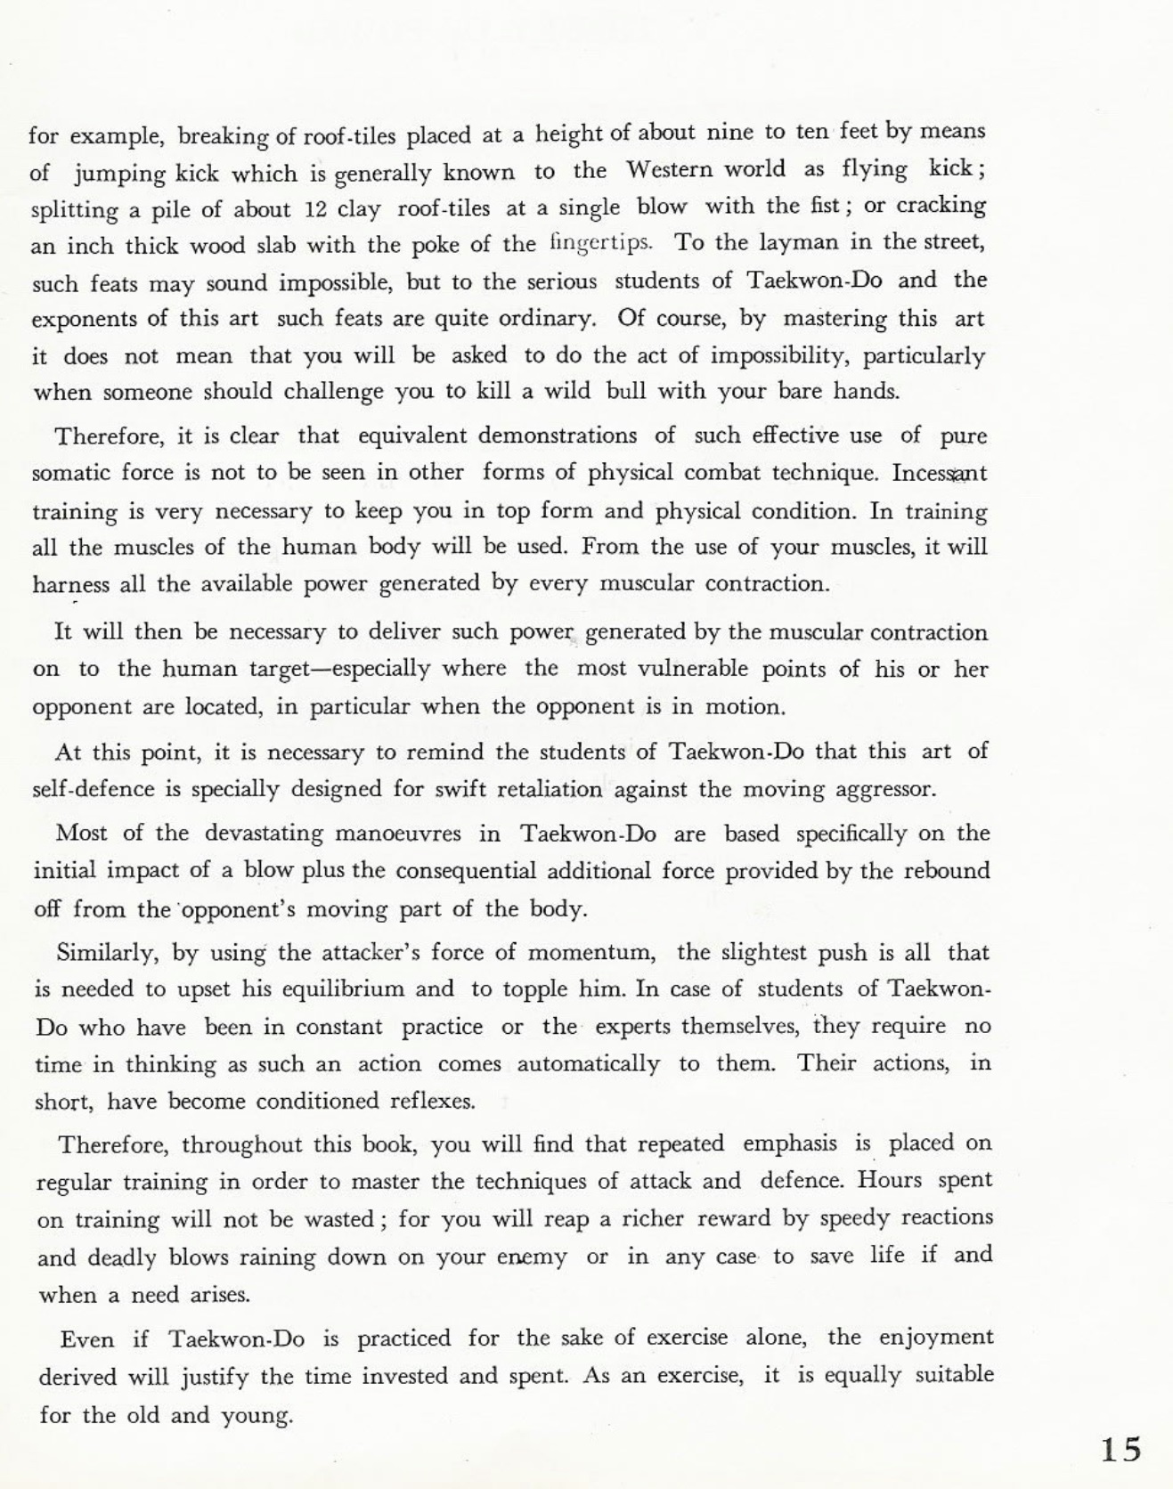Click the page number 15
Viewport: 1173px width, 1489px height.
point(1120,1450)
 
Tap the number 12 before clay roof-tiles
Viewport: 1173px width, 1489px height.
point(317,209)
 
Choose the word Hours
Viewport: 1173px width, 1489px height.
point(891,1181)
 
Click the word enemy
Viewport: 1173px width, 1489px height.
point(532,1257)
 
